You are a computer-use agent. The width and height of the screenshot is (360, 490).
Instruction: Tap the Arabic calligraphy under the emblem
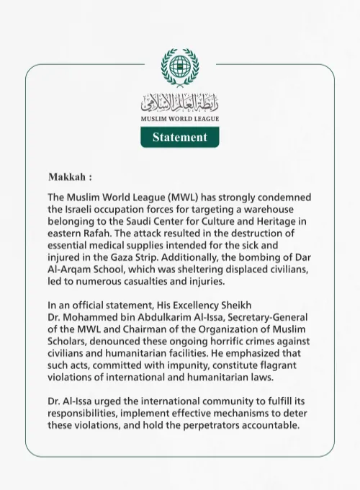(179, 101)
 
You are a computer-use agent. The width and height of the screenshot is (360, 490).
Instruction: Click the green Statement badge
(179, 137)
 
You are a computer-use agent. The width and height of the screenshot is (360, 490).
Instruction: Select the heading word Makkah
(67, 177)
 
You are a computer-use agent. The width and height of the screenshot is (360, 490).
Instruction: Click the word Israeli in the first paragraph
(84, 209)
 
